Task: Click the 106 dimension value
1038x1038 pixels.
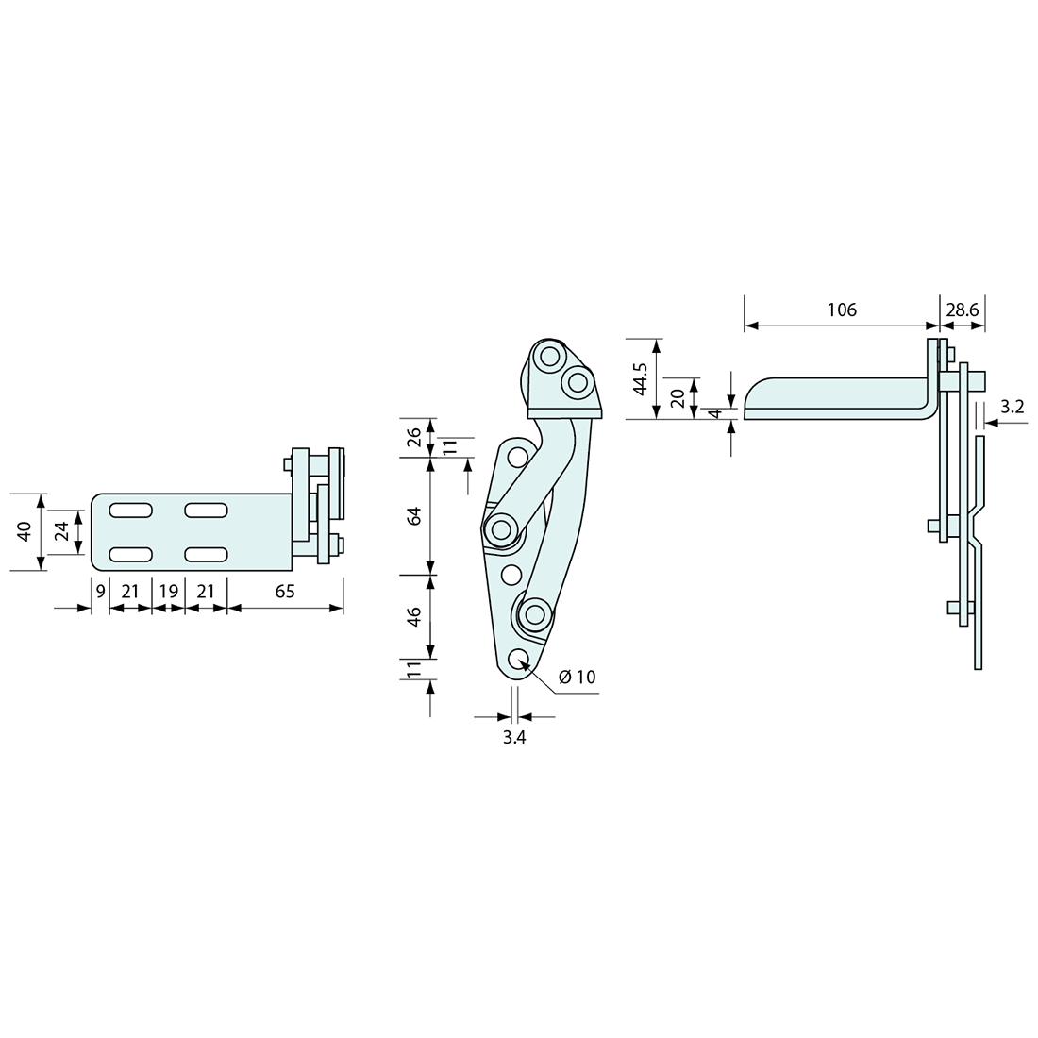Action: tap(842, 310)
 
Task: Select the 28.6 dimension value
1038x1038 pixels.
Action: tap(963, 310)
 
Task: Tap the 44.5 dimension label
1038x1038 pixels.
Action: tap(640, 378)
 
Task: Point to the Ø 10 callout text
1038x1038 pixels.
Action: tap(578, 677)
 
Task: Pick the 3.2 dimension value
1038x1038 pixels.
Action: tap(1013, 407)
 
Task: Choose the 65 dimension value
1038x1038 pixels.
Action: tap(285, 591)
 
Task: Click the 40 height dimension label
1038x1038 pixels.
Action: tap(25, 531)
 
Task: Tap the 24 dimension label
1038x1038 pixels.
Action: tap(61, 531)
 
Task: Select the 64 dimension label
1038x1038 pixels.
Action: tap(413, 515)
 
